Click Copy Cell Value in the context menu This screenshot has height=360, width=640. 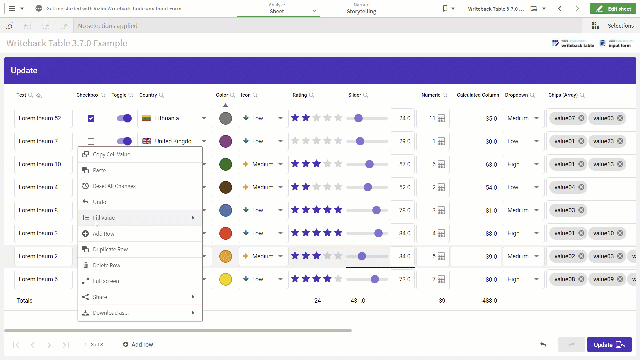point(111,154)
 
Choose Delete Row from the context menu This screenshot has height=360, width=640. point(106,265)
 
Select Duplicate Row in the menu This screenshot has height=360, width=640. point(110,249)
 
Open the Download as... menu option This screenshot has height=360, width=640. point(111,313)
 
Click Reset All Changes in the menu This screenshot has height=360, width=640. point(114,186)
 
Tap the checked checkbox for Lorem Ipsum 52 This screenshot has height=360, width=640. point(91,118)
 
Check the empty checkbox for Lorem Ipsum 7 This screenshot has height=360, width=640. point(91,141)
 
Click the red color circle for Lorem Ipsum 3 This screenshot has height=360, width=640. point(226,233)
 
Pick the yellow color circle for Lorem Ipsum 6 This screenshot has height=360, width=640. point(226,279)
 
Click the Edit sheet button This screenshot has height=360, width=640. point(613,9)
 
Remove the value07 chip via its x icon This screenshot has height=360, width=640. point(581,118)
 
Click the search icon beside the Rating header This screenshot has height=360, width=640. point(312,95)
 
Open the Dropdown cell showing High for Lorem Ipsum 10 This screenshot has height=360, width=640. point(523,164)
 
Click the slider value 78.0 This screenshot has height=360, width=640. point(405,210)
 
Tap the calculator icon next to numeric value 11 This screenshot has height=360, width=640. point(441,118)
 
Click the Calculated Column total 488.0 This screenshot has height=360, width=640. point(490,301)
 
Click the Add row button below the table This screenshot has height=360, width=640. point(138,345)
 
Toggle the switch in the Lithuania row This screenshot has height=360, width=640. point(124,118)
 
